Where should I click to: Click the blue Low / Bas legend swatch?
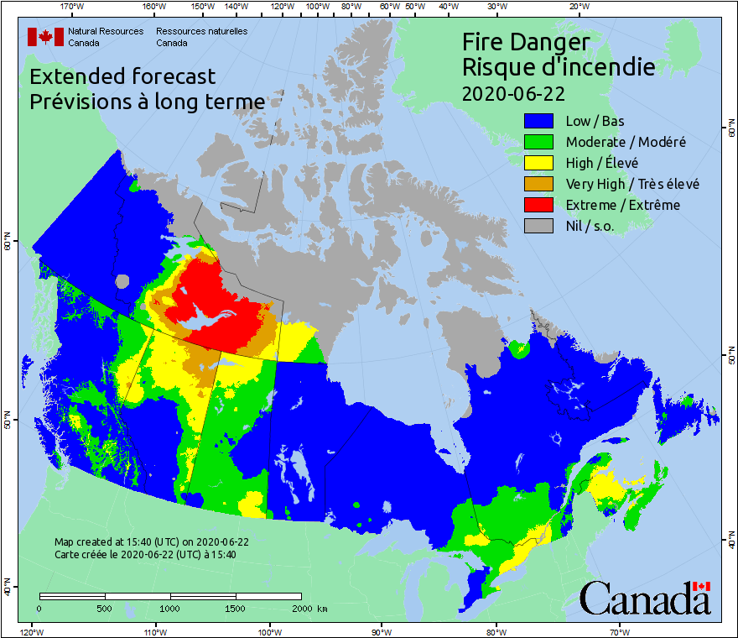pos(540,121)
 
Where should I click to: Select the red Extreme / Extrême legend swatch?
pos(540,205)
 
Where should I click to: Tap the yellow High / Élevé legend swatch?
pos(540,163)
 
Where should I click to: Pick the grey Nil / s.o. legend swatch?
pos(540,226)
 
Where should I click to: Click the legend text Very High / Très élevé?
pos(632,184)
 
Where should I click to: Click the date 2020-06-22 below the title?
pos(513,92)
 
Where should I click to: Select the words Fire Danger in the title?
pos(526,42)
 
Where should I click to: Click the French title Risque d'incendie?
pos(559,66)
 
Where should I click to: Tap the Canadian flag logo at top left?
pos(40,36)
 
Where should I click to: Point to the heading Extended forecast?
pos(122,76)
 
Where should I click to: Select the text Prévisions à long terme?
pos(147,102)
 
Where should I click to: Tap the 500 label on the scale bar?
pos(104,608)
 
